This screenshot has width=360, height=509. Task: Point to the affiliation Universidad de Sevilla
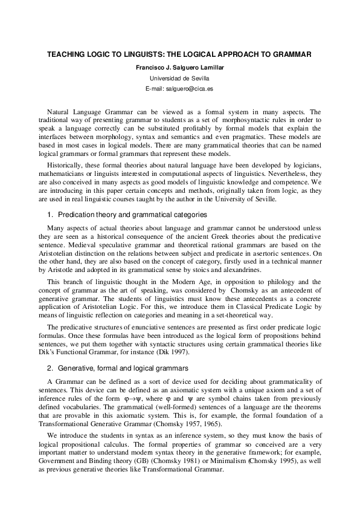pyautogui.click(x=179, y=78)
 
